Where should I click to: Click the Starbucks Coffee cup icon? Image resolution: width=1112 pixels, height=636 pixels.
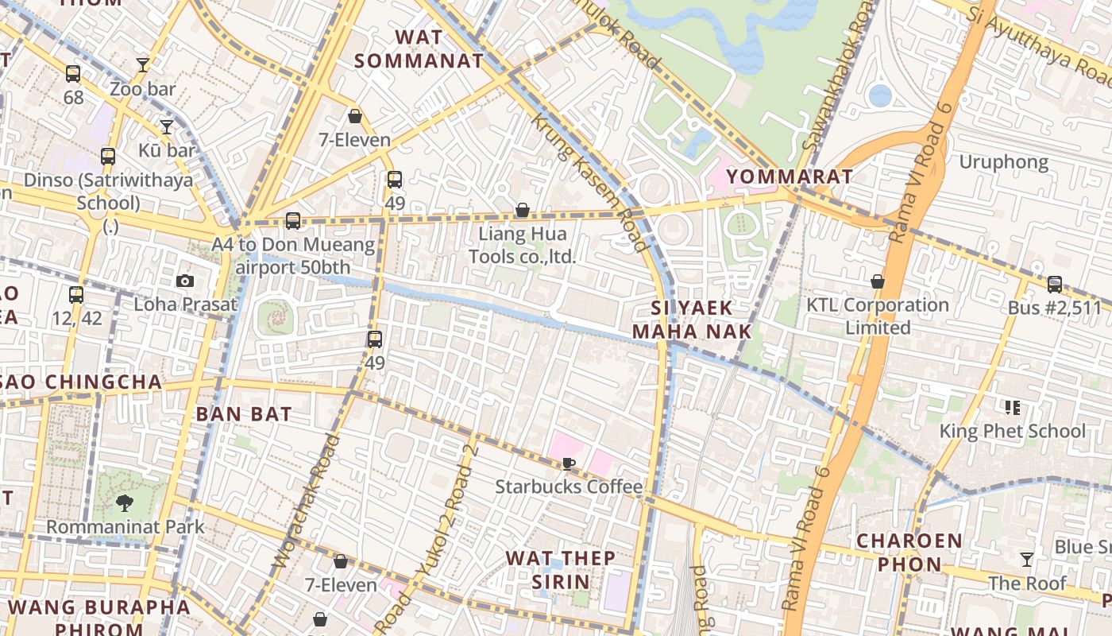click(x=568, y=463)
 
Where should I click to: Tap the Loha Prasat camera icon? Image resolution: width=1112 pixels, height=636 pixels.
click(x=185, y=281)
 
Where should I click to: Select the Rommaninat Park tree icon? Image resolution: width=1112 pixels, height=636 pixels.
click(x=124, y=502)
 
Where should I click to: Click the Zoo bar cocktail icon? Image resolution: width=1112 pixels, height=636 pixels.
click(x=143, y=65)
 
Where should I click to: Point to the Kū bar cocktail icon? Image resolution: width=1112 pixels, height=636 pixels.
click(x=167, y=126)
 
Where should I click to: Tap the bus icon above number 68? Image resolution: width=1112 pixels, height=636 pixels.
click(x=73, y=75)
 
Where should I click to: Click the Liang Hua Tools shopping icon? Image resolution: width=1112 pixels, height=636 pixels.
click(x=523, y=211)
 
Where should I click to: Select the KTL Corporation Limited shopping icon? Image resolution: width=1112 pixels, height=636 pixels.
click(x=878, y=281)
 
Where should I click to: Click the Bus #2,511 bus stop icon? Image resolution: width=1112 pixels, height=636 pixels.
click(x=1055, y=284)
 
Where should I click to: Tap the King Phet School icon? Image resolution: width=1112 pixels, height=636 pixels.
click(x=1012, y=408)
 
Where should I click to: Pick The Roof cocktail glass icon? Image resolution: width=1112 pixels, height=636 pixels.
click(x=1027, y=560)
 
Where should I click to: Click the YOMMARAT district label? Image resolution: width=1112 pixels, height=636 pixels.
click(x=790, y=176)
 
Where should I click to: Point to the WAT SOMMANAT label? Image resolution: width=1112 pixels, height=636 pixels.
click(x=419, y=48)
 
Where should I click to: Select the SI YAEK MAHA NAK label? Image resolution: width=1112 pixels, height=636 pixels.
click(x=691, y=319)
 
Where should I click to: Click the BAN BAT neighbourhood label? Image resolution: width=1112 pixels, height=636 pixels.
click(x=244, y=413)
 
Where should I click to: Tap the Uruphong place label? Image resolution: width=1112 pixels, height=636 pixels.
click(x=1004, y=162)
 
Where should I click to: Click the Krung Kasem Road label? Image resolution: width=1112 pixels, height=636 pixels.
click(x=589, y=182)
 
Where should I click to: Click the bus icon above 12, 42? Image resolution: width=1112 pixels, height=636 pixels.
click(x=76, y=295)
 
